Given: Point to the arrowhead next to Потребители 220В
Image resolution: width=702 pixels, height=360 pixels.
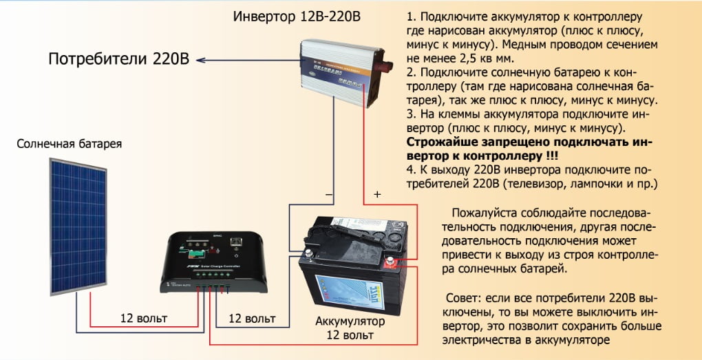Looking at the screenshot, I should tap(200, 60).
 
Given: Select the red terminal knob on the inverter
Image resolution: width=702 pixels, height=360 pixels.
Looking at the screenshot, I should tap(389, 69).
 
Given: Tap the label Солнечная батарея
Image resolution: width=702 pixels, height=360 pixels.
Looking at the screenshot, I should tap(70, 145).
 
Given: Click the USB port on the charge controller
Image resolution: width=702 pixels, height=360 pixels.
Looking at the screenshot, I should tap(236, 243).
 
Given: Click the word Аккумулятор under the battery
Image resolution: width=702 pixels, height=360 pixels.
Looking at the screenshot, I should tap(350, 321).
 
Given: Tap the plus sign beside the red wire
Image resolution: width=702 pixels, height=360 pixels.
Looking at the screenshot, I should tap(376, 195).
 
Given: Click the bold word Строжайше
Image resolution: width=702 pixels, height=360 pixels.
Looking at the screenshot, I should tap(440, 142).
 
